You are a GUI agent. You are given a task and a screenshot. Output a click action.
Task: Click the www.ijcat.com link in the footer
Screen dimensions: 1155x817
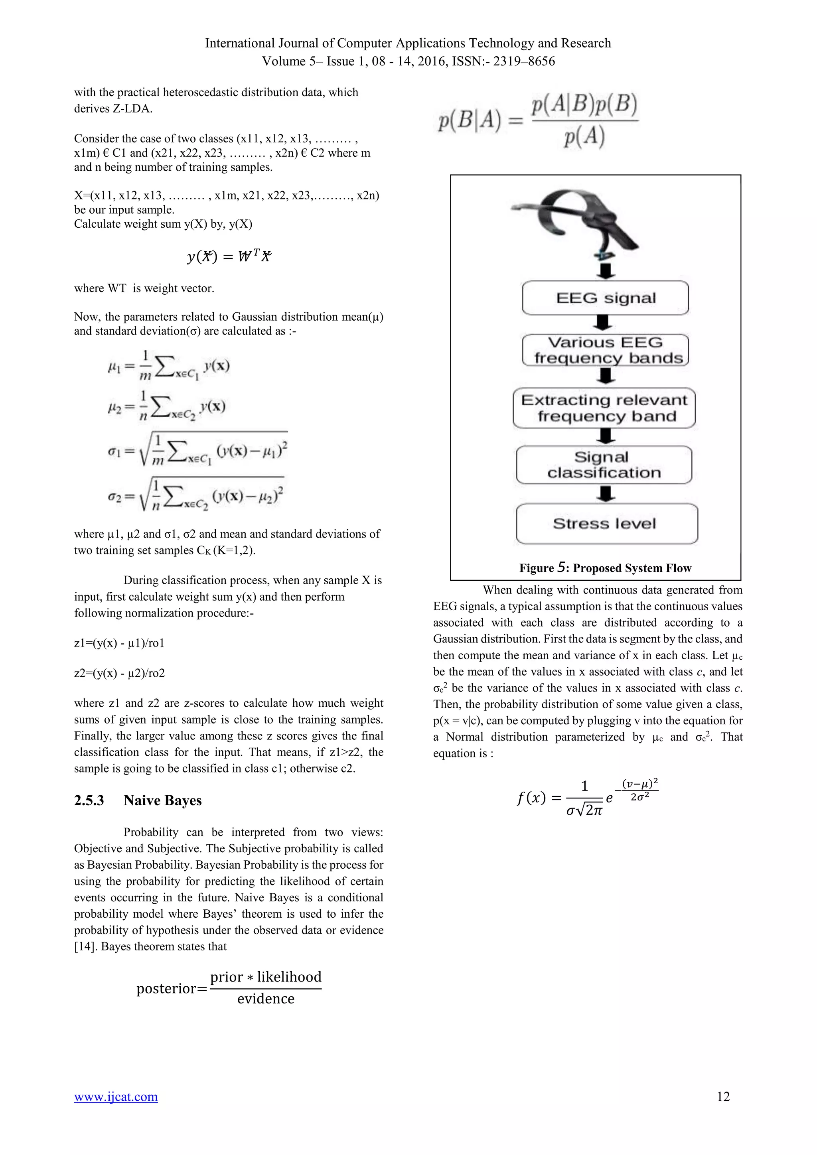coord(116,1097)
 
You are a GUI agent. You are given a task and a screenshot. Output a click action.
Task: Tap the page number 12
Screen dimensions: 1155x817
coord(723,1097)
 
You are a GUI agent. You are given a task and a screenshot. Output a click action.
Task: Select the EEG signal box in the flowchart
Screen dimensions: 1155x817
coord(605,298)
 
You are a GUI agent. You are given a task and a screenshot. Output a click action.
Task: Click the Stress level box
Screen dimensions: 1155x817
coord(606,524)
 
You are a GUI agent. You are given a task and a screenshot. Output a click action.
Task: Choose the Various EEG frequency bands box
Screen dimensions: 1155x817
coord(605,350)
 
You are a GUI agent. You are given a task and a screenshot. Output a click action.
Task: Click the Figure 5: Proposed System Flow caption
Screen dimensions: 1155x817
coord(605,568)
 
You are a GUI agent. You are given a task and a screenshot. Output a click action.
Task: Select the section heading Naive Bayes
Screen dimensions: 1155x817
coord(162,800)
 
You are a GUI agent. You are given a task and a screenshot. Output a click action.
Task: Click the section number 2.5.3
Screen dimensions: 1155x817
coord(89,800)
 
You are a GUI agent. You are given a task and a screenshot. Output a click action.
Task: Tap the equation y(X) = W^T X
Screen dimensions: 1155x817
coord(229,256)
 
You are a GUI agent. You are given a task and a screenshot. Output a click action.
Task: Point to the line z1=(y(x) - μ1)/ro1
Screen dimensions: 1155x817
coord(119,643)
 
